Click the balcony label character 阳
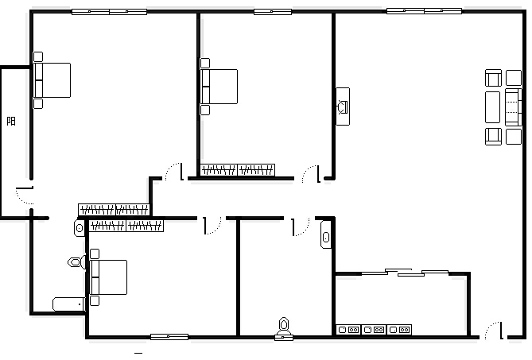click(11, 121)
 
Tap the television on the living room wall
click(343, 106)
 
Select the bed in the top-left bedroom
click(52, 80)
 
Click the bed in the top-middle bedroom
click(219, 87)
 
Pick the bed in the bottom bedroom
click(109, 277)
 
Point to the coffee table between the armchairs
click(493, 107)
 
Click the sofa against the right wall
click(514, 107)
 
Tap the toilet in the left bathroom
click(76, 262)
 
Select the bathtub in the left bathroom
click(69, 304)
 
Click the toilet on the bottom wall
click(284, 328)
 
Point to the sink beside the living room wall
click(326, 234)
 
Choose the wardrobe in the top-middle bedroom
click(238, 170)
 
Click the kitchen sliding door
click(405, 273)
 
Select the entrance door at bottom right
click(494, 330)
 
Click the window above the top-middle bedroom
click(273, 12)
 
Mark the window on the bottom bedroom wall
click(169, 337)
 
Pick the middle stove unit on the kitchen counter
click(374, 330)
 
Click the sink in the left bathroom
click(80, 228)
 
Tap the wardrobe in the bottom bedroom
click(126, 226)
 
